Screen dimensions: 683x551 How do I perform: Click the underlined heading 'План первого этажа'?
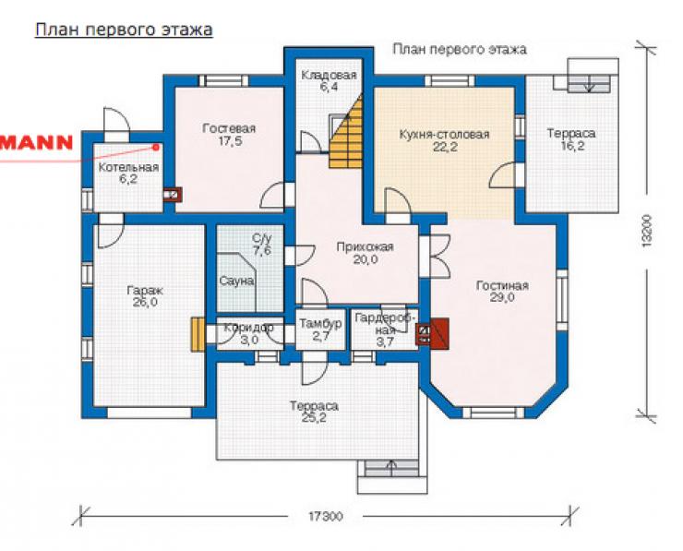point(124,30)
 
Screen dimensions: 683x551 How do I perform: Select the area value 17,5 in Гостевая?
point(230,141)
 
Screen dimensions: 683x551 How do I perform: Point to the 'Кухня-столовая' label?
point(444,134)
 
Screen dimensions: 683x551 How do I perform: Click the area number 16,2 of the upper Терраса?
point(572,146)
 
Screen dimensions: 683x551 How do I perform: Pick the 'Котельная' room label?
point(129,167)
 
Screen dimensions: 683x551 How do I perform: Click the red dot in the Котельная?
point(155,148)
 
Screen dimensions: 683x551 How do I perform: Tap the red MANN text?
point(36,143)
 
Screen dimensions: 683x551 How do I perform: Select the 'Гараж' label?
point(145,291)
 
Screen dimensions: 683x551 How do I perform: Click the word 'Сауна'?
point(236,281)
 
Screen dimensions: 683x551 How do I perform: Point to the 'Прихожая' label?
point(365,247)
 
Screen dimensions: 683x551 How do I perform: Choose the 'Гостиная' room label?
point(502,286)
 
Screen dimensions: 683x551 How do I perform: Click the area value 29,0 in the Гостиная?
point(502,298)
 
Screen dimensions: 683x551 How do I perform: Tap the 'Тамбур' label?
point(320,324)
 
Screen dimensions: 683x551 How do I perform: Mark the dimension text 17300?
point(326,517)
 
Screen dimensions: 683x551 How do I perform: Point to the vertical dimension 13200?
point(647,231)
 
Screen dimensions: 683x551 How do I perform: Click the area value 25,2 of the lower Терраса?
point(314,418)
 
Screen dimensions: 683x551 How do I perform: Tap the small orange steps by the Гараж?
point(198,334)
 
